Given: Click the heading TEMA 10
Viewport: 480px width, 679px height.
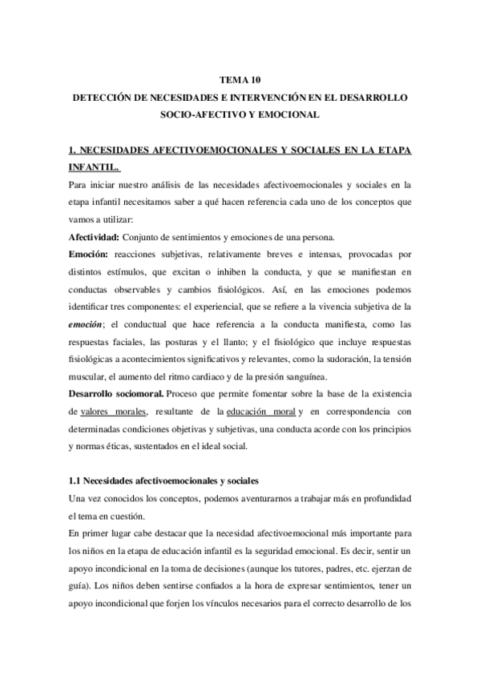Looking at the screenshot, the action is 240,80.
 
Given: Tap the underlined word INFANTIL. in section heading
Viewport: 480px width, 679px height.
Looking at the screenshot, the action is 94,167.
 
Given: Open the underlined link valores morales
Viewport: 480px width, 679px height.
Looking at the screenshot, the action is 115,412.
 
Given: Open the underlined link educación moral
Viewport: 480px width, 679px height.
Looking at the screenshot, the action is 260,412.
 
